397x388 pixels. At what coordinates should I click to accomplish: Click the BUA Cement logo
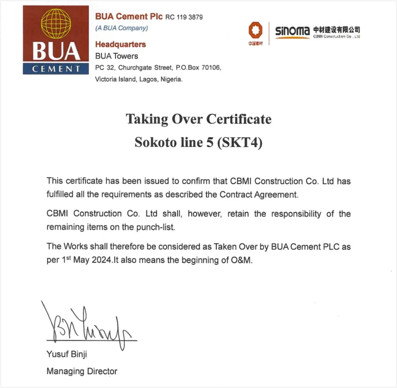pos(56,40)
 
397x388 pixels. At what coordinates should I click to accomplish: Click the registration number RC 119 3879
pos(184,18)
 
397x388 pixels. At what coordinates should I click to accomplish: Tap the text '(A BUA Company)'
pos(122,28)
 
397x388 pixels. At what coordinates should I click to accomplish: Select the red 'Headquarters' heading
pos(120,45)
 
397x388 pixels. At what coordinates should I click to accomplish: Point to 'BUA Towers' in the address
pos(116,56)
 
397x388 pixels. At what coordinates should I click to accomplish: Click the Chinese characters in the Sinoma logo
pos(336,29)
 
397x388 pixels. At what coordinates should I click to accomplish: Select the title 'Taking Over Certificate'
pos(198,119)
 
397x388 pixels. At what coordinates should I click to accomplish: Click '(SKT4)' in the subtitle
pos(240,142)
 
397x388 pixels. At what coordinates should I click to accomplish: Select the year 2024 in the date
pos(102,260)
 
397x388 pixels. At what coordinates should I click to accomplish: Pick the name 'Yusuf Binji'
pos(67,354)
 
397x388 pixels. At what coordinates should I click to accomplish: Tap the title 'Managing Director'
pos(82,371)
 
